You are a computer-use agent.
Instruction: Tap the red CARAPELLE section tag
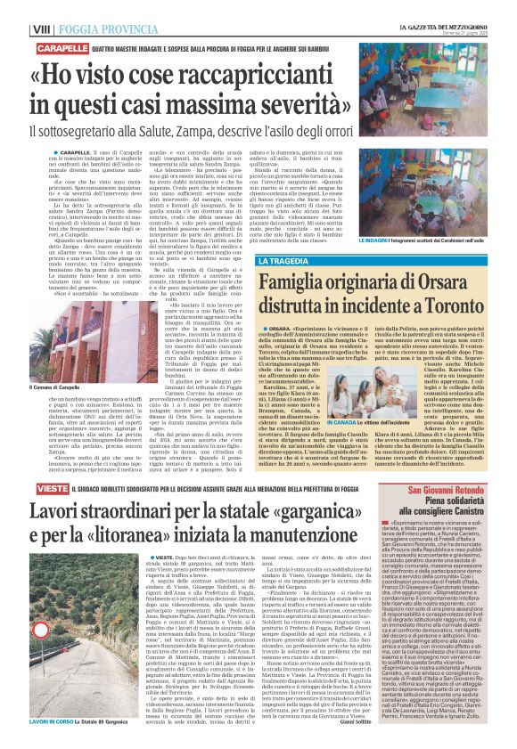tap(36, 46)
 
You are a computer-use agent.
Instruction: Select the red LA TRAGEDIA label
tap(283, 260)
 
